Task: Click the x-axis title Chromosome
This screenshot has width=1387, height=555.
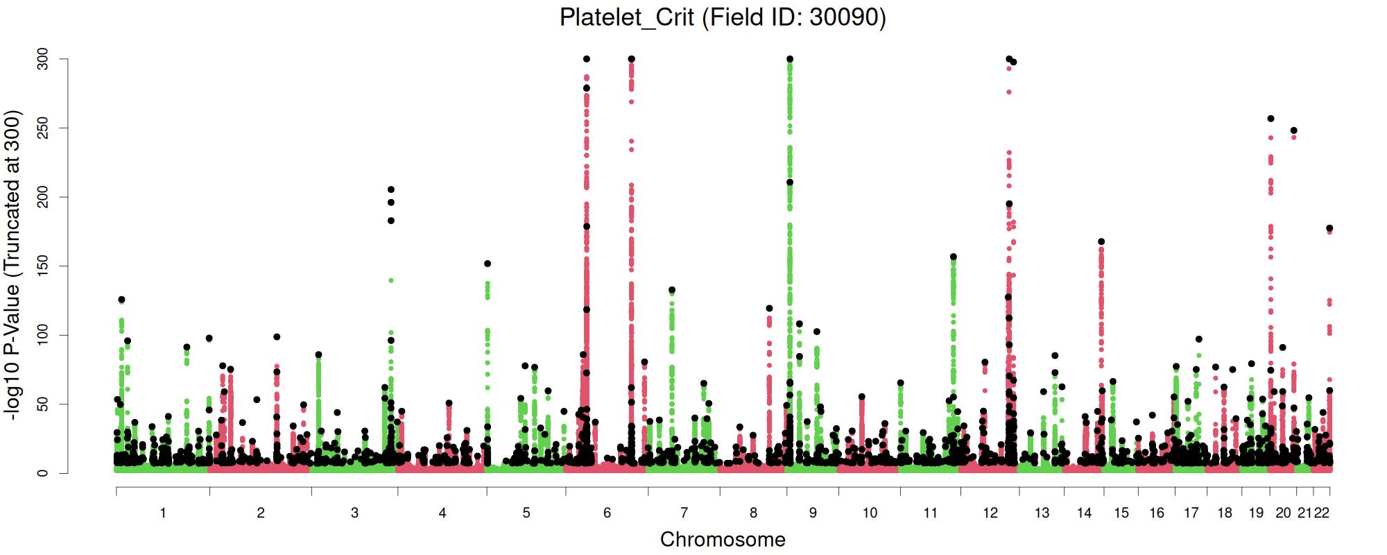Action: coord(723,539)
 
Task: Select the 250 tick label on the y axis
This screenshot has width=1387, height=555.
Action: coord(43,128)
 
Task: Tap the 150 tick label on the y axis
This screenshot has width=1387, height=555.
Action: coord(43,266)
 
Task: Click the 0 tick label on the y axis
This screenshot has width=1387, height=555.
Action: coord(43,473)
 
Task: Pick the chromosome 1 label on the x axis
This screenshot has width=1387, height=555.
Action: coord(163,513)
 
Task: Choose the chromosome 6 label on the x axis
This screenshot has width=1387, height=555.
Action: coord(607,513)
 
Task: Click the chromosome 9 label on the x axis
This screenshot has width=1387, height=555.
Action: coord(813,513)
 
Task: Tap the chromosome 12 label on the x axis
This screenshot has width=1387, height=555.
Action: coord(990,513)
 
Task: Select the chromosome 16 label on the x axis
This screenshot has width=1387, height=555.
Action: coord(1157,513)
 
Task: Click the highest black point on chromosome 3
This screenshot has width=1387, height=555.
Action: coord(391,189)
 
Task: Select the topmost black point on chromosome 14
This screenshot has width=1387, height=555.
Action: coord(1101,242)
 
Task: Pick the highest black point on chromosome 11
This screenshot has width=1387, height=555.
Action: coord(954,257)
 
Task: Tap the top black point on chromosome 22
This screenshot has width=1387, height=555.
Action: coord(1329,228)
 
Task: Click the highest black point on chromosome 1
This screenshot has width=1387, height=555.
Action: coord(121,300)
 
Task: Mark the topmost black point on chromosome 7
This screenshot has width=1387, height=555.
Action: coord(671,290)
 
